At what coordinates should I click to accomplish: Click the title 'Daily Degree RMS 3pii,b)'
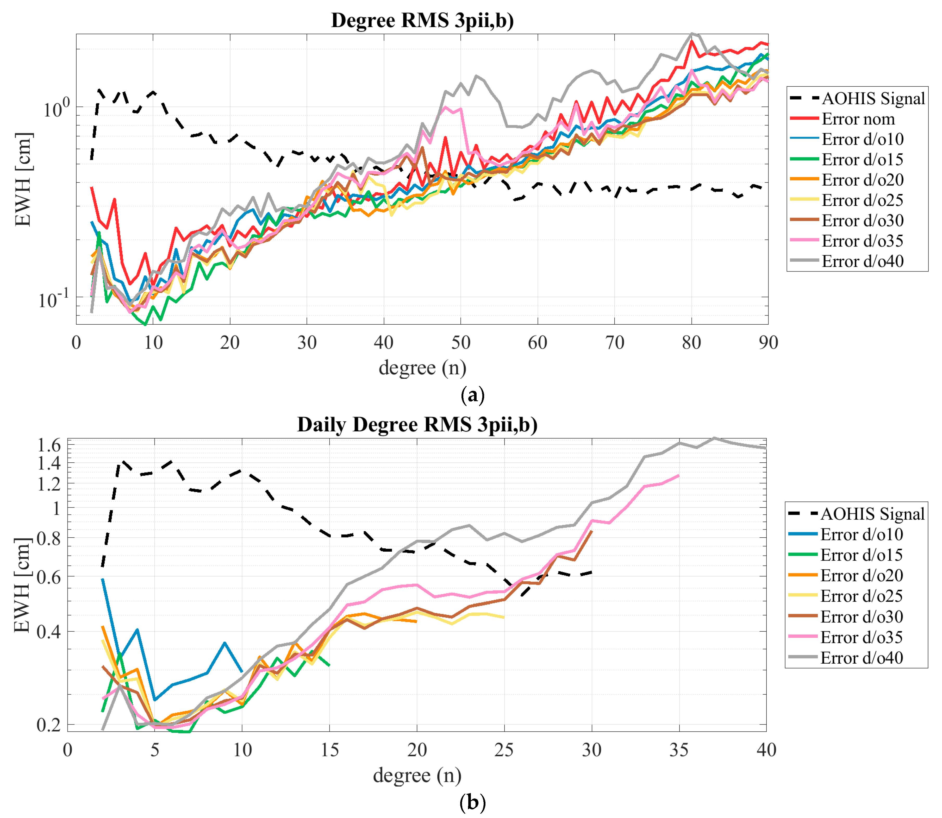click(x=417, y=425)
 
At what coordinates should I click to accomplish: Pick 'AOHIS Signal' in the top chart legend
click(x=873, y=99)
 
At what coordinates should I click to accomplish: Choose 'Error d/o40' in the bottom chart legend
click(x=861, y=658)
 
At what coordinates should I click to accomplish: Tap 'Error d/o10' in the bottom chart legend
click(x=861, y=534)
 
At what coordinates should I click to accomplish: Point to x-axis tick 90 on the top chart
click(x=768, y=342)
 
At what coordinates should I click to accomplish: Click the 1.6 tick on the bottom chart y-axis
click(x=49, y=445)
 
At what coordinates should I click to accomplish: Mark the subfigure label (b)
click(x=472, y=802)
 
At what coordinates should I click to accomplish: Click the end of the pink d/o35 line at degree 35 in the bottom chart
click(x=678, y=476)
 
